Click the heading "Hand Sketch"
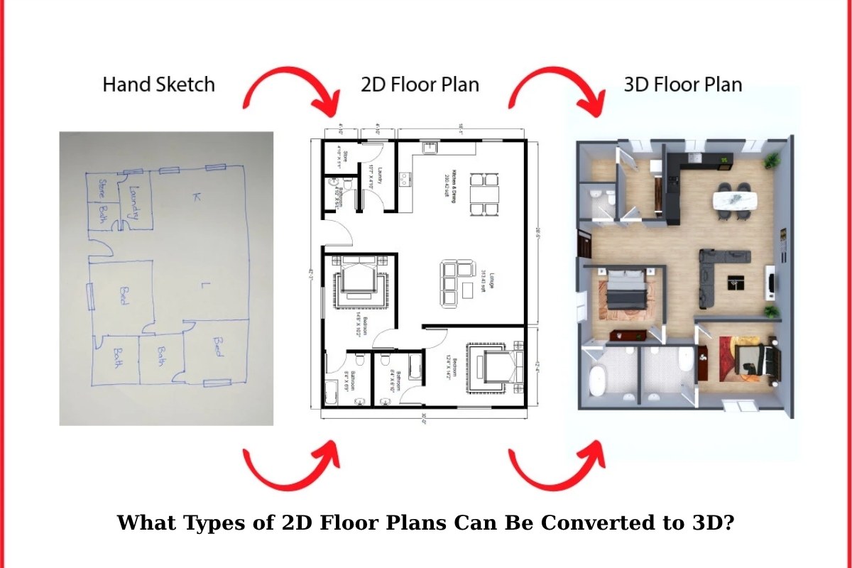pyautogui.click(x=158, y=84)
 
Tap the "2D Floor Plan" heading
pyautogui.click(x=420, y=84)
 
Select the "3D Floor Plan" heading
pyautogui.click(x=682, y=84)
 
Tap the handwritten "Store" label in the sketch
pyautogui.click(x=102, y=190)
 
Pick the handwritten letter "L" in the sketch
pyautogui.click(x=203, y=286)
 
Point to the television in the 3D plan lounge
pyautogui.click(x=771, y=280)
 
